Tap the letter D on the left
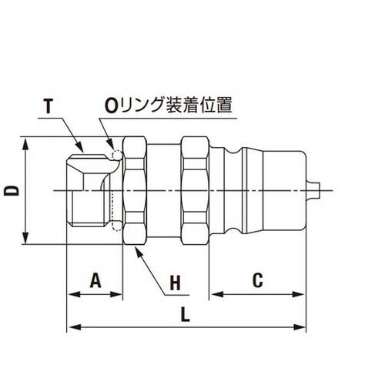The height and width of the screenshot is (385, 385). [11, 190]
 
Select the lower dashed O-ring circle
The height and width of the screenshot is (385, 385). [116, 226]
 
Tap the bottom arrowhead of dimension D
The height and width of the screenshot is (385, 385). [27, 239]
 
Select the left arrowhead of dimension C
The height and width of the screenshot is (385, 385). [216, 293]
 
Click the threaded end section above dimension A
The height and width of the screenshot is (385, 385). [92, 190]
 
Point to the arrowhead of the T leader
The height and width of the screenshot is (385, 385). [83, 149]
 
